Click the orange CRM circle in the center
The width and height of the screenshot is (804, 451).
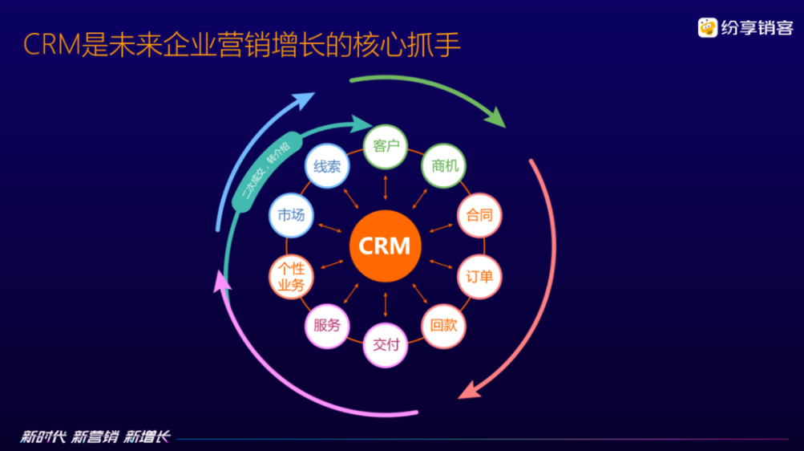(x=385, y=245)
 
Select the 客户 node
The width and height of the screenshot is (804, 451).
(x=386, y=146)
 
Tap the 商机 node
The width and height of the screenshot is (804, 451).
(x=444, y=166)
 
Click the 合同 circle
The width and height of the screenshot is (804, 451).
(x=479, y=215)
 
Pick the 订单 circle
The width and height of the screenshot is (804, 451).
(x=479, y=276)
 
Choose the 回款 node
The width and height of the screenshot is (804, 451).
(x=443, y=325)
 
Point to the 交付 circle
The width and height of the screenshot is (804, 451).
(x=386, y=345)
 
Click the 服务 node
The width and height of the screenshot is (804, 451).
(x=327, y=325)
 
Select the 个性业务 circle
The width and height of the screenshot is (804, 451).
(x=291, y=277)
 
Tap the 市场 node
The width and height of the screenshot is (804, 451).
(x=291, y=215)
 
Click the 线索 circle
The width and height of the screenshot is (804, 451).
(x=327, y=167)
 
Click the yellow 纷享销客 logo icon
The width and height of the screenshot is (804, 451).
(x=707, y=28)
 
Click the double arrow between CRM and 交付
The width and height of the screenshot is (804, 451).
(x=386, y=303)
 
